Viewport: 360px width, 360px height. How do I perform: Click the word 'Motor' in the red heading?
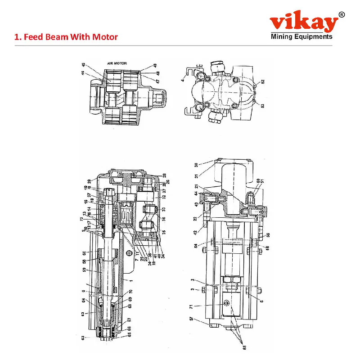105,37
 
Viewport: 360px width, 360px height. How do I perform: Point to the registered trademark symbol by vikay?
342,15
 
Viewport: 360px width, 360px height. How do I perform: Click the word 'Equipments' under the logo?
314,37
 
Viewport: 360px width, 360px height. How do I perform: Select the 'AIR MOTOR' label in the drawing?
117,64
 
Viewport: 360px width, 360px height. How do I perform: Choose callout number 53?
262,106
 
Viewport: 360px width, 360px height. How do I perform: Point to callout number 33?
164,209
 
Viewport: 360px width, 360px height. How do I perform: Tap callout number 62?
83,337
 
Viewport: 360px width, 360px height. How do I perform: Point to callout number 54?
197,245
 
